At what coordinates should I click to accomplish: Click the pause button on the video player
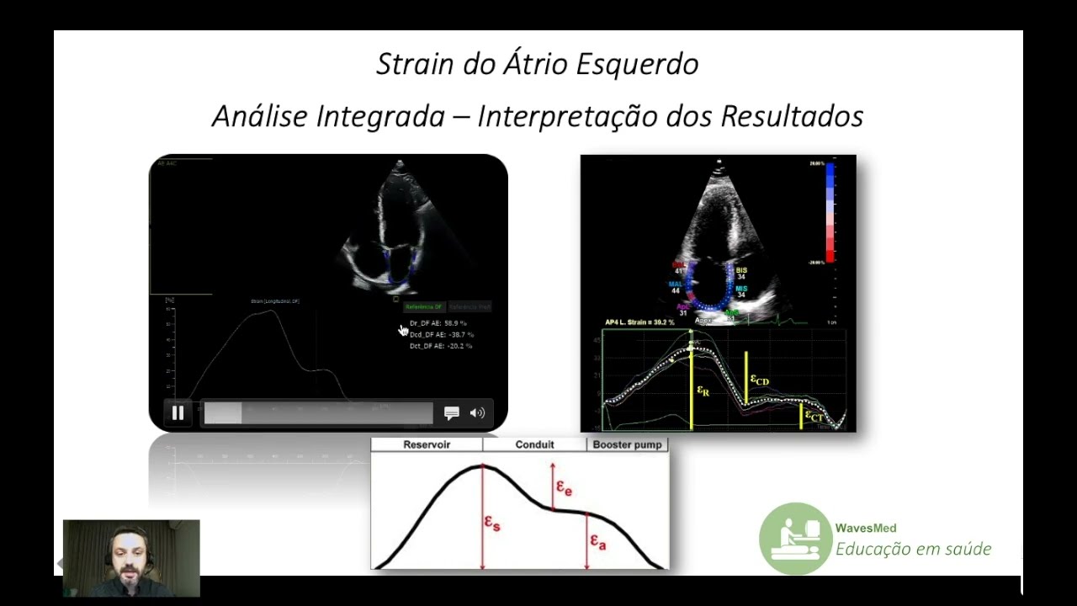tap(178, 412)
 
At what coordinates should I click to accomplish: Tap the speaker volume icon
tap(477, 412)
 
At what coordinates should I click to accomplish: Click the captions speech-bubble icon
tap(452, 412)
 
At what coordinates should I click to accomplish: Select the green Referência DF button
tap(424, 307)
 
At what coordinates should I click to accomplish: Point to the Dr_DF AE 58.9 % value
tap(438, 323)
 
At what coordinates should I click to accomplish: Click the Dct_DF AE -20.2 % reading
tap(440, 345)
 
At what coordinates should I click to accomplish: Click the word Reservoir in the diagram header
tap(427, 444)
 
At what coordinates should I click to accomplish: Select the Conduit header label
tap(534, 444)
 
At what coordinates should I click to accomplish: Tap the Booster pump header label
tap(628, 444)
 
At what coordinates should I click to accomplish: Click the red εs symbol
tap(492, 524)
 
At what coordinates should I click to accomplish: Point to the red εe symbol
tap(564, 487)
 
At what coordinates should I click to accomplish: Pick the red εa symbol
tap(597, 541)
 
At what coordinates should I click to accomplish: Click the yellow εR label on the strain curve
tap(703, 391)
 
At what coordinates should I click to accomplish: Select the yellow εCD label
tap(759, 380)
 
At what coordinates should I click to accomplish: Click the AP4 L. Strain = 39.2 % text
tap(640, 322)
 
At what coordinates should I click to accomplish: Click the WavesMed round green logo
tap(795, 539)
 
